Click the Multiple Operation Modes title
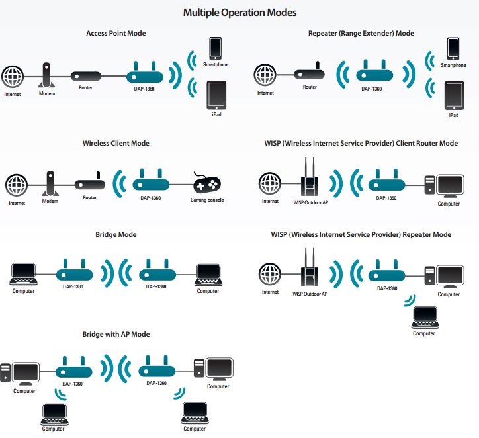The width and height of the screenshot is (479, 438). [x=239, y=13]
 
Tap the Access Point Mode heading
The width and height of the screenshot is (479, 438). [x=116, y=33]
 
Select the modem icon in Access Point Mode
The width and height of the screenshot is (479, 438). [x=46, y=75]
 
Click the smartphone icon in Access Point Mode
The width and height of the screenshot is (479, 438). [x=216, y=48]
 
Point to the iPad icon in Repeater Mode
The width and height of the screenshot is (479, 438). [x=454, y=95]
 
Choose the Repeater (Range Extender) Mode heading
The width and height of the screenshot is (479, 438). [x=361, y=33]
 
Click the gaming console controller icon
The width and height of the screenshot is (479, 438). [x=206, y=183]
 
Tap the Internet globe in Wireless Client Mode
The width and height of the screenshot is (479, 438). [x=17, y=185]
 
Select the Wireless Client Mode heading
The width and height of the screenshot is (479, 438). [x=116, y=143]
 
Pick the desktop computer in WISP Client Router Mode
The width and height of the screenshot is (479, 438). [x=444, y=186]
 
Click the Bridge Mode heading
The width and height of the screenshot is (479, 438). [x=116, y=235]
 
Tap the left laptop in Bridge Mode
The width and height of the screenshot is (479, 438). [x=24, y=274]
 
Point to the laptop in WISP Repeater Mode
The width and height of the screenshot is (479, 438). [x=425, y=318]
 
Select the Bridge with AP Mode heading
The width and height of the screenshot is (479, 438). [x=116, y=335]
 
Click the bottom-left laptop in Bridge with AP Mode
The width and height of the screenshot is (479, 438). [x=54, y=414]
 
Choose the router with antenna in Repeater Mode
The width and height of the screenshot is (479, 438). [x=309, y=71]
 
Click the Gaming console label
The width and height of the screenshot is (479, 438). [x=207, y=200]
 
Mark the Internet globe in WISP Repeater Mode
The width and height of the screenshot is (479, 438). [x=269, y=274]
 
